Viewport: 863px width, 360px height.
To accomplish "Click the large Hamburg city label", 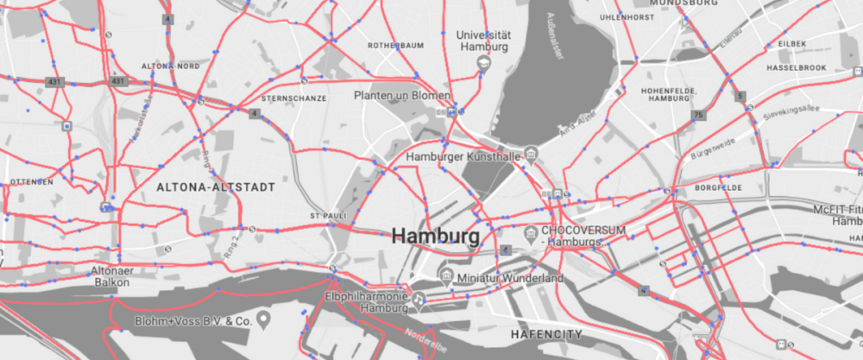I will click(x=435, y=236).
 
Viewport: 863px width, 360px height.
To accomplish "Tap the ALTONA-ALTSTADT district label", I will click(x=216, y=186).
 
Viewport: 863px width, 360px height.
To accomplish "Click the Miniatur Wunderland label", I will click(x=510, y=279).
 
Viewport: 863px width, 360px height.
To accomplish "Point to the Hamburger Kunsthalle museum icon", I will click(x=532, y=157).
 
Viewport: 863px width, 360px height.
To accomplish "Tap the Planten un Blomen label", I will click(x=402, y=95).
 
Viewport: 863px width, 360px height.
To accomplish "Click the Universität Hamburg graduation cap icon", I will click(x=484, y=65).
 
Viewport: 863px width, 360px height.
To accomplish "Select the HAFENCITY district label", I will click(x=546, y=333).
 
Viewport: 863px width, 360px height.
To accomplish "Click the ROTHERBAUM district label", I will click(x=394, y=44).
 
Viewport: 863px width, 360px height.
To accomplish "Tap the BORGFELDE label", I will click(x=718, y=187).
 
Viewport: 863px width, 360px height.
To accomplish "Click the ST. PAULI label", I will click(x=327, y=215).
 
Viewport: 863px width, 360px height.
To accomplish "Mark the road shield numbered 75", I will click(x=697, y=114).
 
